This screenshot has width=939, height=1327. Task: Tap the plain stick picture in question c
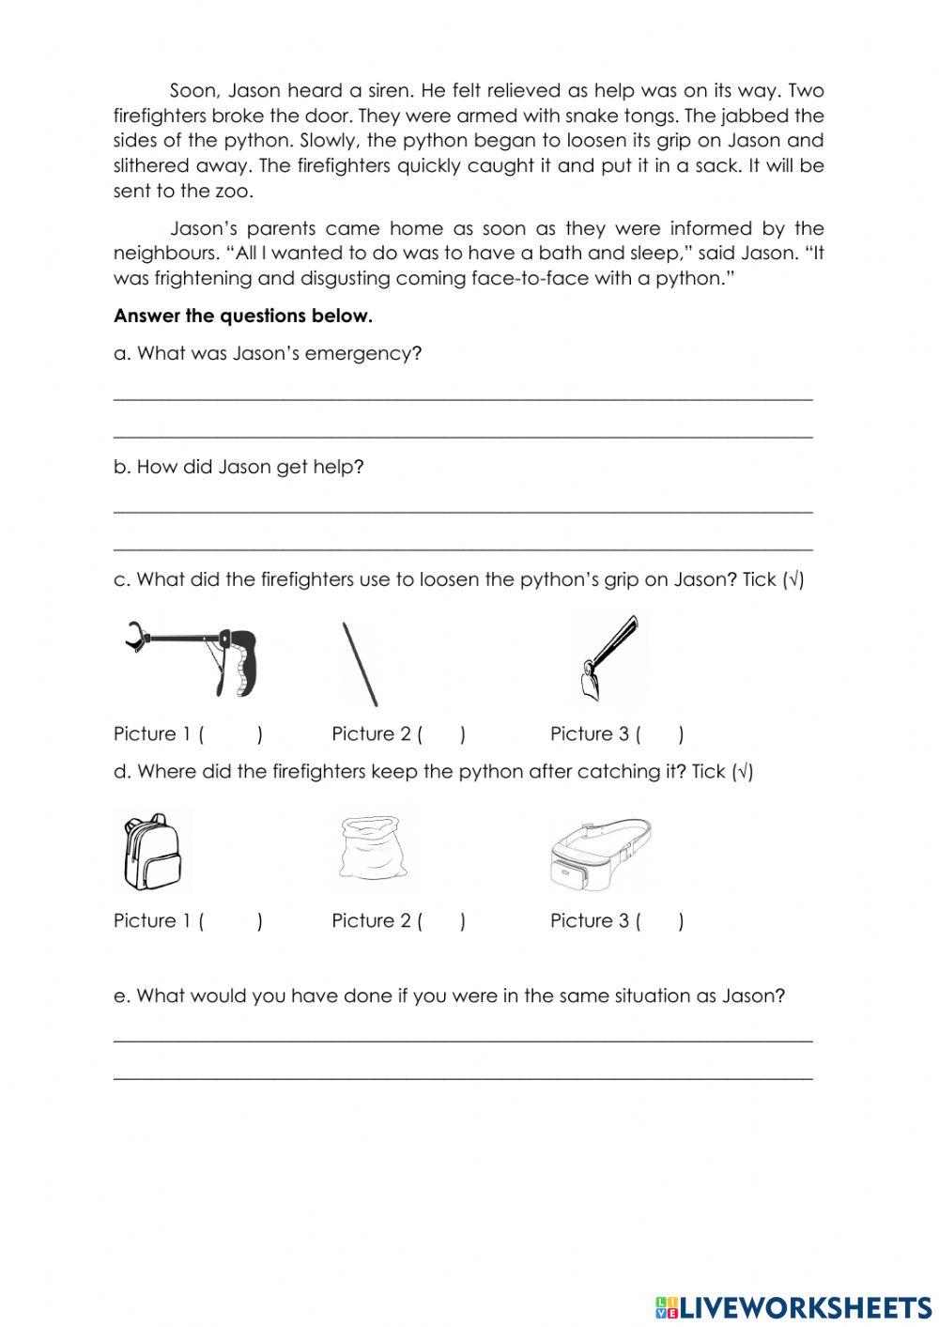coord(361,663)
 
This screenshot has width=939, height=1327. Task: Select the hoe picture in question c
coord(609,657)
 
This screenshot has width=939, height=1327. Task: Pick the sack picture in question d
coord(373,847)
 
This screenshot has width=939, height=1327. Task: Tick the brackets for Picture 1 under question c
coord(230,734)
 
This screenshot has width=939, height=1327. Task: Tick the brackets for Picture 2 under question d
coord(441,921)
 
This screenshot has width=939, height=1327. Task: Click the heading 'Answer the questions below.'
coord(243,316)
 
